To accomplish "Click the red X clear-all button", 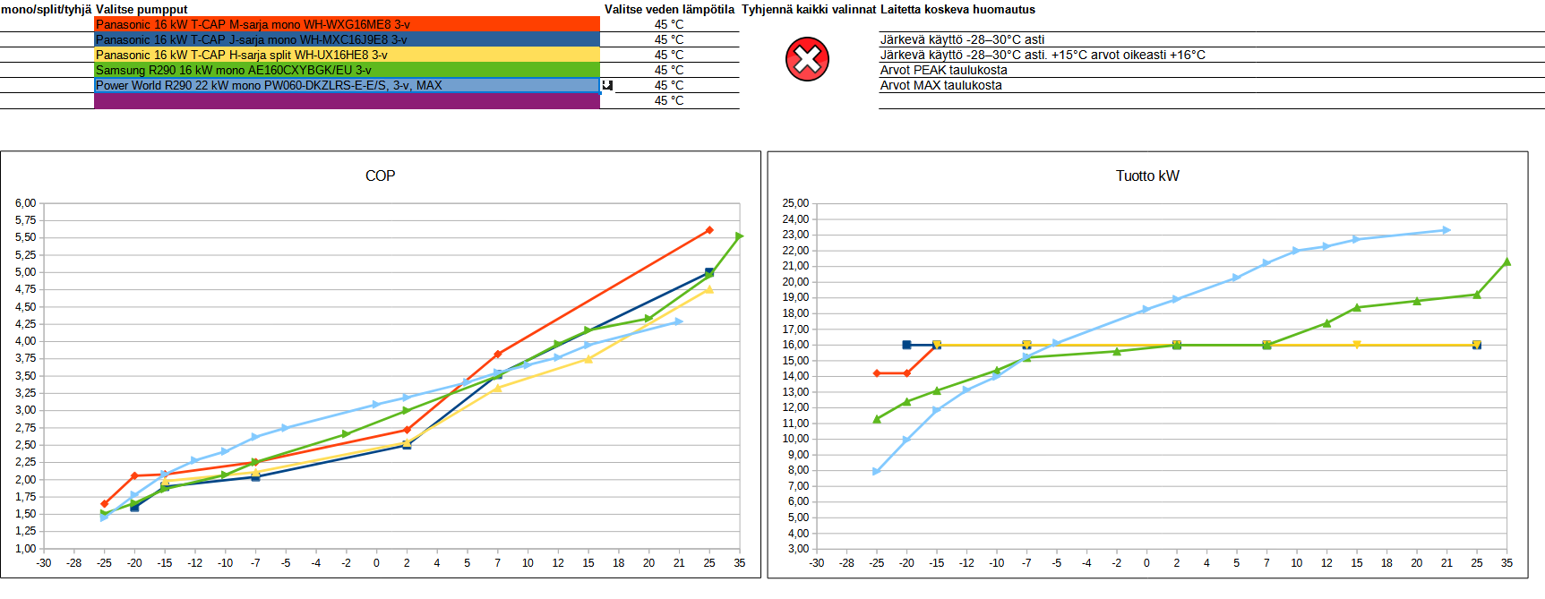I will (807, 59).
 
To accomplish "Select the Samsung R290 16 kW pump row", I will (347, 70).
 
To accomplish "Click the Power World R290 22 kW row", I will (347, 85).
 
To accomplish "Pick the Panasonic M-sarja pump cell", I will (347, 24).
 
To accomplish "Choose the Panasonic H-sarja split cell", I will (347, 55).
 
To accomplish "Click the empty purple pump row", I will (347, 101).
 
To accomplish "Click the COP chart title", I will (380, 175).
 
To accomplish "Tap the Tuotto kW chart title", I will (1147, 175).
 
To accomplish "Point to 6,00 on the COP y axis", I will (25, 203).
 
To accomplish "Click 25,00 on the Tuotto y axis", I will (795, 203).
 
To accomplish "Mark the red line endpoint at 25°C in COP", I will (709, 230).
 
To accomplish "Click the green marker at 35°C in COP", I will (739, 236).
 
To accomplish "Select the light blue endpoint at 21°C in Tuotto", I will (1446, 230).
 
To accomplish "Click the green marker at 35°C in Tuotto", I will (1506, 261).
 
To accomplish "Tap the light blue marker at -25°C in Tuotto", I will (877, 471).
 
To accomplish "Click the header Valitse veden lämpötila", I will (669, 9).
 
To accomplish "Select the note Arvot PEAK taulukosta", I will (943, 70).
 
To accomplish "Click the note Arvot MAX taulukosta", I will (940, 85).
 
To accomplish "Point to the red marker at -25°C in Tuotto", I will (877, 373).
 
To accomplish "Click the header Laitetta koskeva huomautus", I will (957, 9).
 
